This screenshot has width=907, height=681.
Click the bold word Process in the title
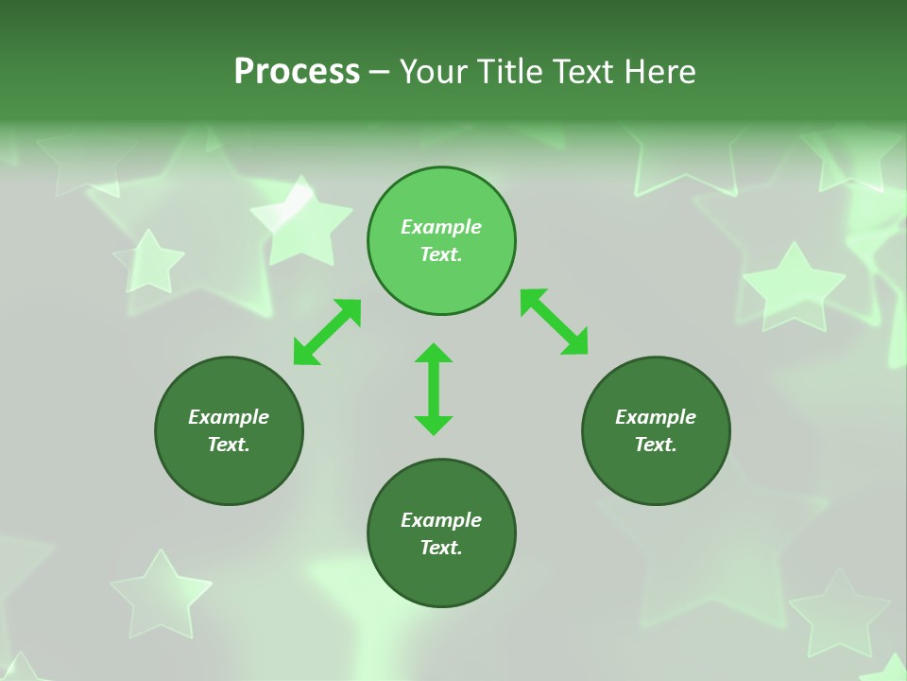coord(297,72)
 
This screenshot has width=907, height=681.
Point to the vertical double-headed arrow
coord(434,389)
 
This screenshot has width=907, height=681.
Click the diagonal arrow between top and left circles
coord(327,332)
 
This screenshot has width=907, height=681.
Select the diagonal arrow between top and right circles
coord(555,323)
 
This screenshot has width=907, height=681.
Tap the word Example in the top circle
coord(441,227)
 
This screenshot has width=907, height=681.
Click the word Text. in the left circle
coord(229,445)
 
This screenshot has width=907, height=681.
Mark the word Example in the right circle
coord(656,417)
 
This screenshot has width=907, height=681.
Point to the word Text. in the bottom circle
coord(441,548)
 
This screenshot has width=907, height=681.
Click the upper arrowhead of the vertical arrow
coord(434,354)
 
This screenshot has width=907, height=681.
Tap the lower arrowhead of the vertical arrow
coord(434,425)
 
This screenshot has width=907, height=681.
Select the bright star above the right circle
coord(794,287)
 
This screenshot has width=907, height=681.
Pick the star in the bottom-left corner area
coord(160,594)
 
